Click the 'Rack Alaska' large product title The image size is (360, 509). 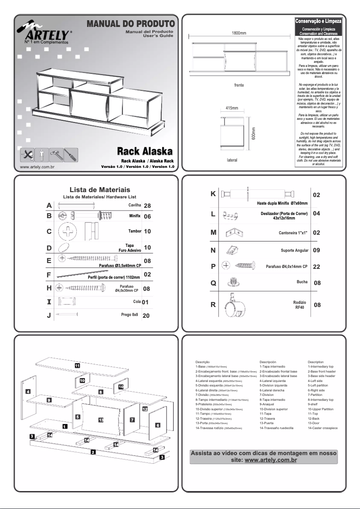tap(145, 151)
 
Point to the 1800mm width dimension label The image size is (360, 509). tap(239, 33)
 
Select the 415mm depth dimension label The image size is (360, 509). tap(232, 108)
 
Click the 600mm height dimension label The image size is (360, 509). tap(253, 132)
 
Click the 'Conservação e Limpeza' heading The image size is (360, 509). tap(318, 21)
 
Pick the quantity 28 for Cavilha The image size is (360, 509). tap(146, 206)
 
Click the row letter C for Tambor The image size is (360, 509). tap(49, 232)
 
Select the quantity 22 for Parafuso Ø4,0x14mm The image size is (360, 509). tap(316, 267)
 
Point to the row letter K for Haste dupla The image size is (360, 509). tap(213, 194)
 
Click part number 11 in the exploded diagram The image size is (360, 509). tap(77, 365)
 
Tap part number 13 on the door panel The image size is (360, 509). tap(101, 420)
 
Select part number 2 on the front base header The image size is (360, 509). tap(93, 452)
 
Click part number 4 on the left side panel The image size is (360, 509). tap(28, 391)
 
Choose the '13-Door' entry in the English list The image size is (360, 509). tap(316, 423)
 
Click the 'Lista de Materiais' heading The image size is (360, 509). tap(100, 190)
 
